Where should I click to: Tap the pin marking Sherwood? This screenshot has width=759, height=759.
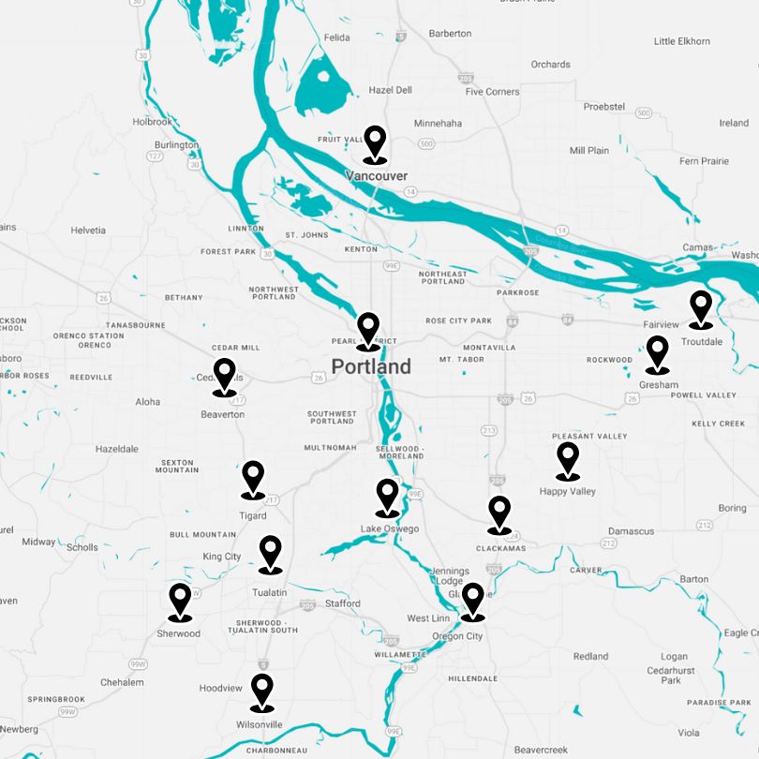[x=180, y=601]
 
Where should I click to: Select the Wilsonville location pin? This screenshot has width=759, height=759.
[x=262, y=691]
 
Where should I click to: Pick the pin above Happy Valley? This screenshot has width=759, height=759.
[x=568, y=460]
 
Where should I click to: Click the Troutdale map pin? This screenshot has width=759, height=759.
[x=701, y=308]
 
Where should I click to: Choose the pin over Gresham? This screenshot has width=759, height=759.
[x=658, y=353]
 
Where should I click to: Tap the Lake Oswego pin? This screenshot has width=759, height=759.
[x=387, y=497]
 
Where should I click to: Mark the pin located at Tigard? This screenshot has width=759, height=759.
[x=253, y=478]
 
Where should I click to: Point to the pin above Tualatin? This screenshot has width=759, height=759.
[x=270, y=553]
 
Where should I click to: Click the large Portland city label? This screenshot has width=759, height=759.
[x=371, y=366]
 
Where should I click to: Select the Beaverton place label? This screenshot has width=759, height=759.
[x=223, y=414]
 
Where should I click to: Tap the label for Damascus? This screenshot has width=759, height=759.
[x=631, y=531]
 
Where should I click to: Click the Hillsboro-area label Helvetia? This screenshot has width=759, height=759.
[x=88, y=231]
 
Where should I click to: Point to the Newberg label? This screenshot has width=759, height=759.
[x=19, y=729]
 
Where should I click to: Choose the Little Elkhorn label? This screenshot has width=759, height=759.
[x=682, y=41]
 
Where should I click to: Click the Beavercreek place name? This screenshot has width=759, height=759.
[x=541, y=750]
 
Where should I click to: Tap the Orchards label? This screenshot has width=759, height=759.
[x=550, y=65]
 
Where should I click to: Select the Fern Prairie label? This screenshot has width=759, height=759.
[x=704, y=161]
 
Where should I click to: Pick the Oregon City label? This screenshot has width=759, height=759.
[x=457, y=636]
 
